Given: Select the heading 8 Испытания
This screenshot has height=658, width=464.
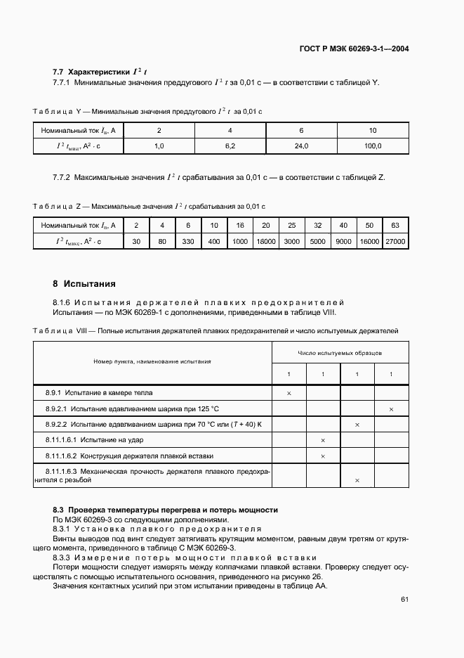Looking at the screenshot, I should tap(84, 284).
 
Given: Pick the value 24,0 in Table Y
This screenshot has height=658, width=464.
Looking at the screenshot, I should tap(301, 146).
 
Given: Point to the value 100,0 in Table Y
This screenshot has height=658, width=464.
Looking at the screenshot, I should tap(373, 146).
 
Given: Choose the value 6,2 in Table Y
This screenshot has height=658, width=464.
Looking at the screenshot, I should tap(230, 146).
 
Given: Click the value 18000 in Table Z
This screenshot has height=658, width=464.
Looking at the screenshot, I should tap(265, 241).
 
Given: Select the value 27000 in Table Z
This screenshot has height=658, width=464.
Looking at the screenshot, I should tap(395, 241).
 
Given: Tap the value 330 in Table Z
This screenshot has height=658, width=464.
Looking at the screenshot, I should tap(188, 241).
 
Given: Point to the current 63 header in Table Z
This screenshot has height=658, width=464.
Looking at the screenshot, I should tap(395, 225).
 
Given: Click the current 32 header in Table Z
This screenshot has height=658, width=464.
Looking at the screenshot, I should tap(317, 225).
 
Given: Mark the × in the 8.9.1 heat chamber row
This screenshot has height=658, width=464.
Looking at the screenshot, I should tap(289, 393).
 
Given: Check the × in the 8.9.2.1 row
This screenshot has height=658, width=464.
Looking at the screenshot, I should tap(391, 409).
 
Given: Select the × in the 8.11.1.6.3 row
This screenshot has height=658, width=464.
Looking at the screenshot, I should tap(357, 480).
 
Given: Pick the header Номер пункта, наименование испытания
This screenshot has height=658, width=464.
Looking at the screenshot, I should tap(152, 361).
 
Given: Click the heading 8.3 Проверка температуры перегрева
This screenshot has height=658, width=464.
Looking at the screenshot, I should tap(165, 510).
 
